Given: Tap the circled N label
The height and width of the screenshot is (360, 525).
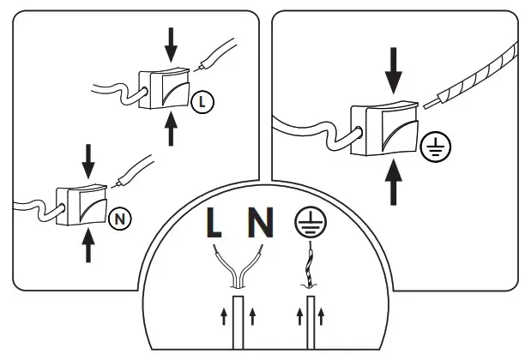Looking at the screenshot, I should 120,218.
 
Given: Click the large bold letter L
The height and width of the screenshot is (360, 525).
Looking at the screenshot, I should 214,224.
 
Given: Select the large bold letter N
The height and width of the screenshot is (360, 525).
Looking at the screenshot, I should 261,224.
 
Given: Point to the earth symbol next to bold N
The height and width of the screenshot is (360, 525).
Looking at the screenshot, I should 308,222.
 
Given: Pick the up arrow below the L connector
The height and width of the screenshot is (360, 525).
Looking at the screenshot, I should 172,130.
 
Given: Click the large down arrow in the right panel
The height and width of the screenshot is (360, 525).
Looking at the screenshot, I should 394,69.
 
